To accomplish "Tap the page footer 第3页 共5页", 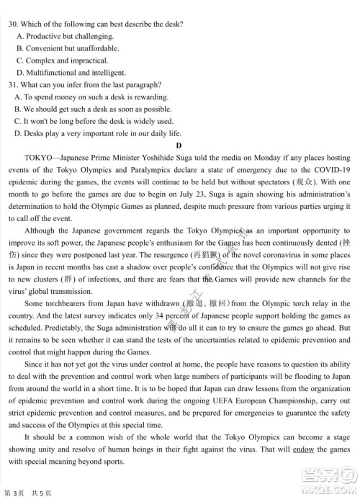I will (30, 489).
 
